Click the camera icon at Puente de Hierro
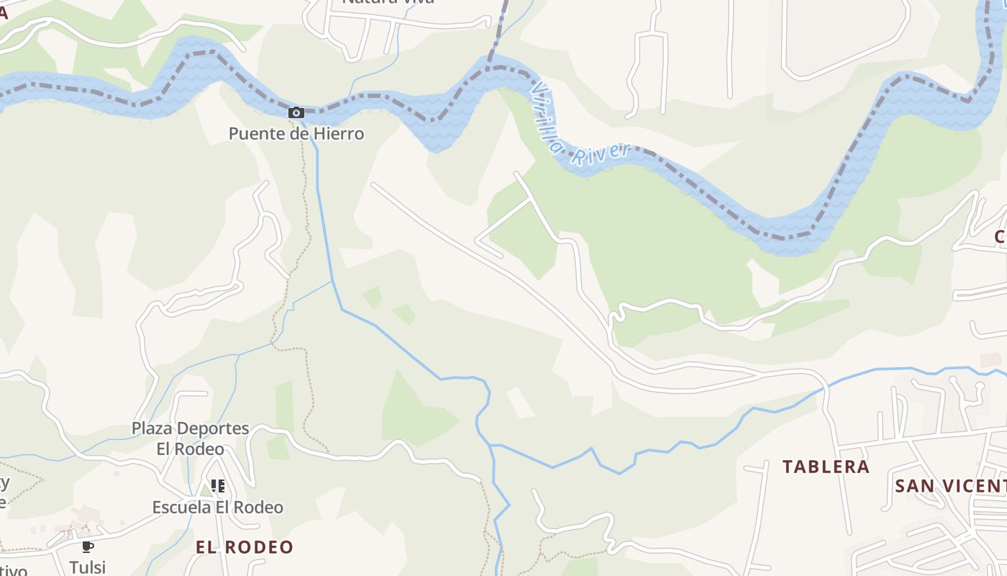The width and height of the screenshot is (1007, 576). (x=296, y=112)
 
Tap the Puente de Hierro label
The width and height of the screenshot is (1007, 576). (x=296, y=134)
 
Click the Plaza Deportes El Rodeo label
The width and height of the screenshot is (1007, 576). (x=190, y=438)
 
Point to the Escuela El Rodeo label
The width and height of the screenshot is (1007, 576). (x=217, y=508)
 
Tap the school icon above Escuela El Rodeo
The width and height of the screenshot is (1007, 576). (x=217, y=486)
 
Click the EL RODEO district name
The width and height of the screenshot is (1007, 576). (x=245, y=547)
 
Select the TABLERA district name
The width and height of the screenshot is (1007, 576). (x=826, y=467)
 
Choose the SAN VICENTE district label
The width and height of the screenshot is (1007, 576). (x=949, y=486)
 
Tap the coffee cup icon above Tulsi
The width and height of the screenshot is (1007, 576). (x=88, y=547)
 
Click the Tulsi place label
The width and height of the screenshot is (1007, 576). (x=88, y=567)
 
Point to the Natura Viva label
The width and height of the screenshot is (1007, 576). (x=388, y=2)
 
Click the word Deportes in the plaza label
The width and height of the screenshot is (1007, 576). (x=213, y=428)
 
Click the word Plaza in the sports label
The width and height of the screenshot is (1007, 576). (x=151, y=428)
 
